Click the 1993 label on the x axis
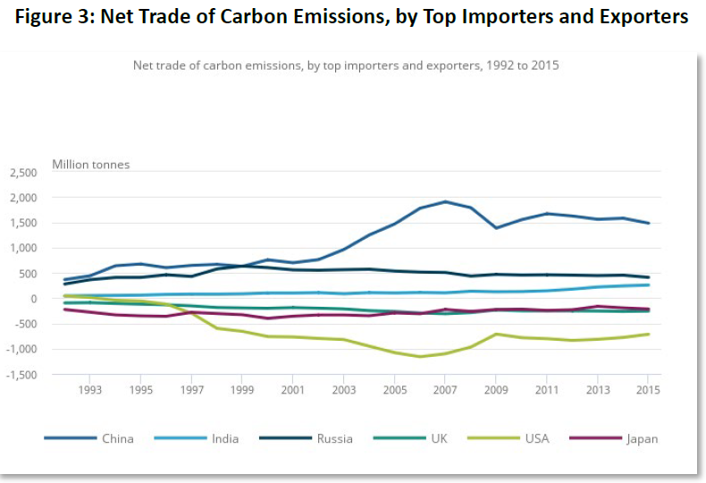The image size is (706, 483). (x=89, y=390)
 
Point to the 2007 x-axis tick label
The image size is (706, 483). (x=444, y=390)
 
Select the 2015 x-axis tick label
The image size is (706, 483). (x=647, y=390)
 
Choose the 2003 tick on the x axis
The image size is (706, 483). (x=343, y=390)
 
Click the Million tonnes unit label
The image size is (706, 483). (x=90, y=164)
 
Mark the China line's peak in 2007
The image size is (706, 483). (x=445, y=201)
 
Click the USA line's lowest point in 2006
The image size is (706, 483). (x=419, y=357)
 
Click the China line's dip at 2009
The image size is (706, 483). (x=496, y=228)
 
